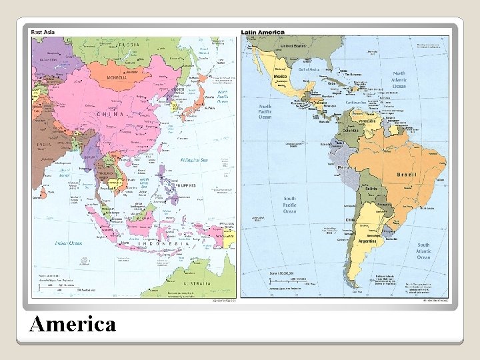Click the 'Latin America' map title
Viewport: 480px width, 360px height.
pyautogui.click(x=263, y=32)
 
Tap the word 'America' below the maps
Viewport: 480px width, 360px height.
pyautogui.click(x=73, y=324)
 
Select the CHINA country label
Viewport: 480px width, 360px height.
pyautogui.click(x=111, y=114)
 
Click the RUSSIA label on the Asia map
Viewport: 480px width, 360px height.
pyautogui.click(x=130, y=45)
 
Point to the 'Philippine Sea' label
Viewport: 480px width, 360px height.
pyautogui.click(x=196, y=159)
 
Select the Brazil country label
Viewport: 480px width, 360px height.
pyautogui.click(x=407, y=174)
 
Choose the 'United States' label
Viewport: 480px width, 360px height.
pyautogui.click(x=294, y=46)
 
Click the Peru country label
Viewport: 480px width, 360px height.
pyautogui.click(x=344, y=167)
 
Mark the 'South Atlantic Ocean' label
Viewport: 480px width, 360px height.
pyautogui.click(x=424, y=251)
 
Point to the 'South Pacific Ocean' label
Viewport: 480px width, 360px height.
pyautogui.click(x=289, y=205)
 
